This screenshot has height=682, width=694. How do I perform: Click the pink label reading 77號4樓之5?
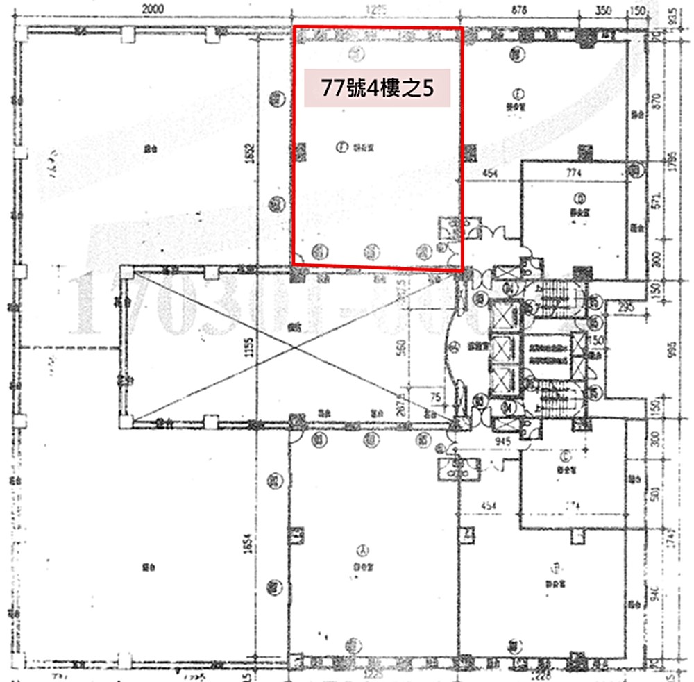point(378,88)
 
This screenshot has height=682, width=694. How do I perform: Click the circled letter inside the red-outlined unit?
point(341,147)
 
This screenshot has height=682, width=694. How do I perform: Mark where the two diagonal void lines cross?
point(298,344)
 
